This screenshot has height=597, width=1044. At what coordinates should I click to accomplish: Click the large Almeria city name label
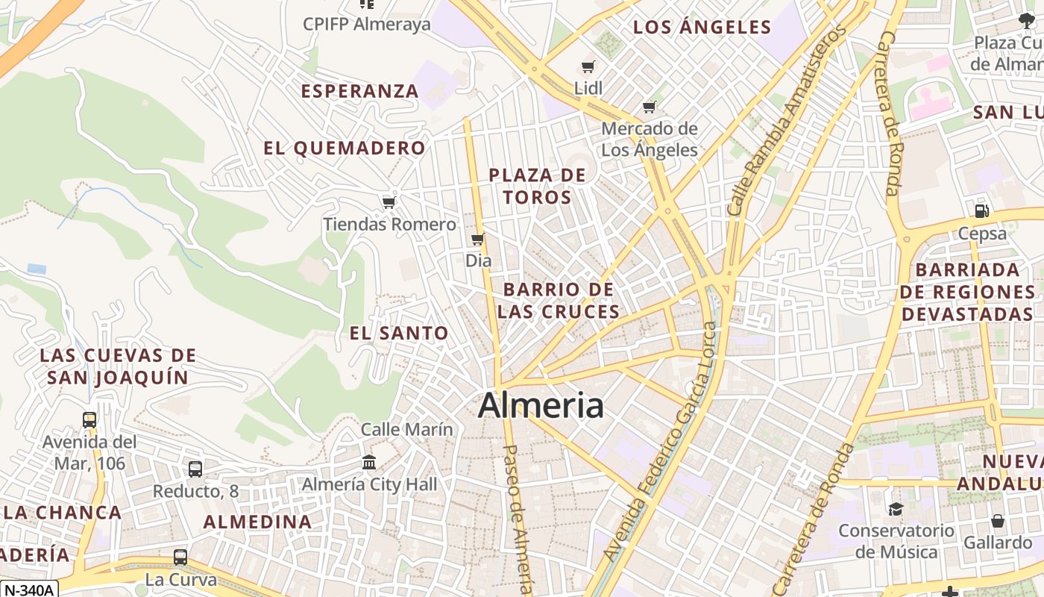(541, 405)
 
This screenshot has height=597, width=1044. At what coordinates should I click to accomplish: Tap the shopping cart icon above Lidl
(588, 66)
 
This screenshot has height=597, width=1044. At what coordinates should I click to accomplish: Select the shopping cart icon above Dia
(477, 240)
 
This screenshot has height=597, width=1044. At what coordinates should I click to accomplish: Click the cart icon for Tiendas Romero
(388, 202)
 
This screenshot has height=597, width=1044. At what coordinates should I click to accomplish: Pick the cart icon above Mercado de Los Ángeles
(650, 107)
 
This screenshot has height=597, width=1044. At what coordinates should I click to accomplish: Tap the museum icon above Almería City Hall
(369, 462)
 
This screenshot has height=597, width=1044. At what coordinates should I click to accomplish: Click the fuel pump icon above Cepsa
(982, 211)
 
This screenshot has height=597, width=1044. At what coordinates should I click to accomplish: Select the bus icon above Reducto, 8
(195, 469)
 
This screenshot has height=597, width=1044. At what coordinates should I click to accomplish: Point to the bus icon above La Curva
(180, 557)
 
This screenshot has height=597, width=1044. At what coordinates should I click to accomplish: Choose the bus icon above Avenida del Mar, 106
(89, 419)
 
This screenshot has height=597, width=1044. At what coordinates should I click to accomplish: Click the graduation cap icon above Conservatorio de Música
(896, 509)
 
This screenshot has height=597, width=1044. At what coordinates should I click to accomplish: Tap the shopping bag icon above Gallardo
(998, 520)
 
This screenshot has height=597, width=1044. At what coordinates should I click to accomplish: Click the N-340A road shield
(28, 590)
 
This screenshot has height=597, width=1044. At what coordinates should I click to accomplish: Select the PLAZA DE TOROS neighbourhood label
(537, 187)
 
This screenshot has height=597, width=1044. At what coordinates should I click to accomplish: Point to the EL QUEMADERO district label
(345, 148)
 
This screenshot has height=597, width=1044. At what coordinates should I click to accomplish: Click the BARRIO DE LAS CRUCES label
(559, 301)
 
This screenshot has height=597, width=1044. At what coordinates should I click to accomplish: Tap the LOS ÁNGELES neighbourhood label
(702, 28)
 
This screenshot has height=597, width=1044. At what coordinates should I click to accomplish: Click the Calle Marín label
(407, 429)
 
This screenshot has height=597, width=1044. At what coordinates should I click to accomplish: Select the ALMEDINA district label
(258, 522)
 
